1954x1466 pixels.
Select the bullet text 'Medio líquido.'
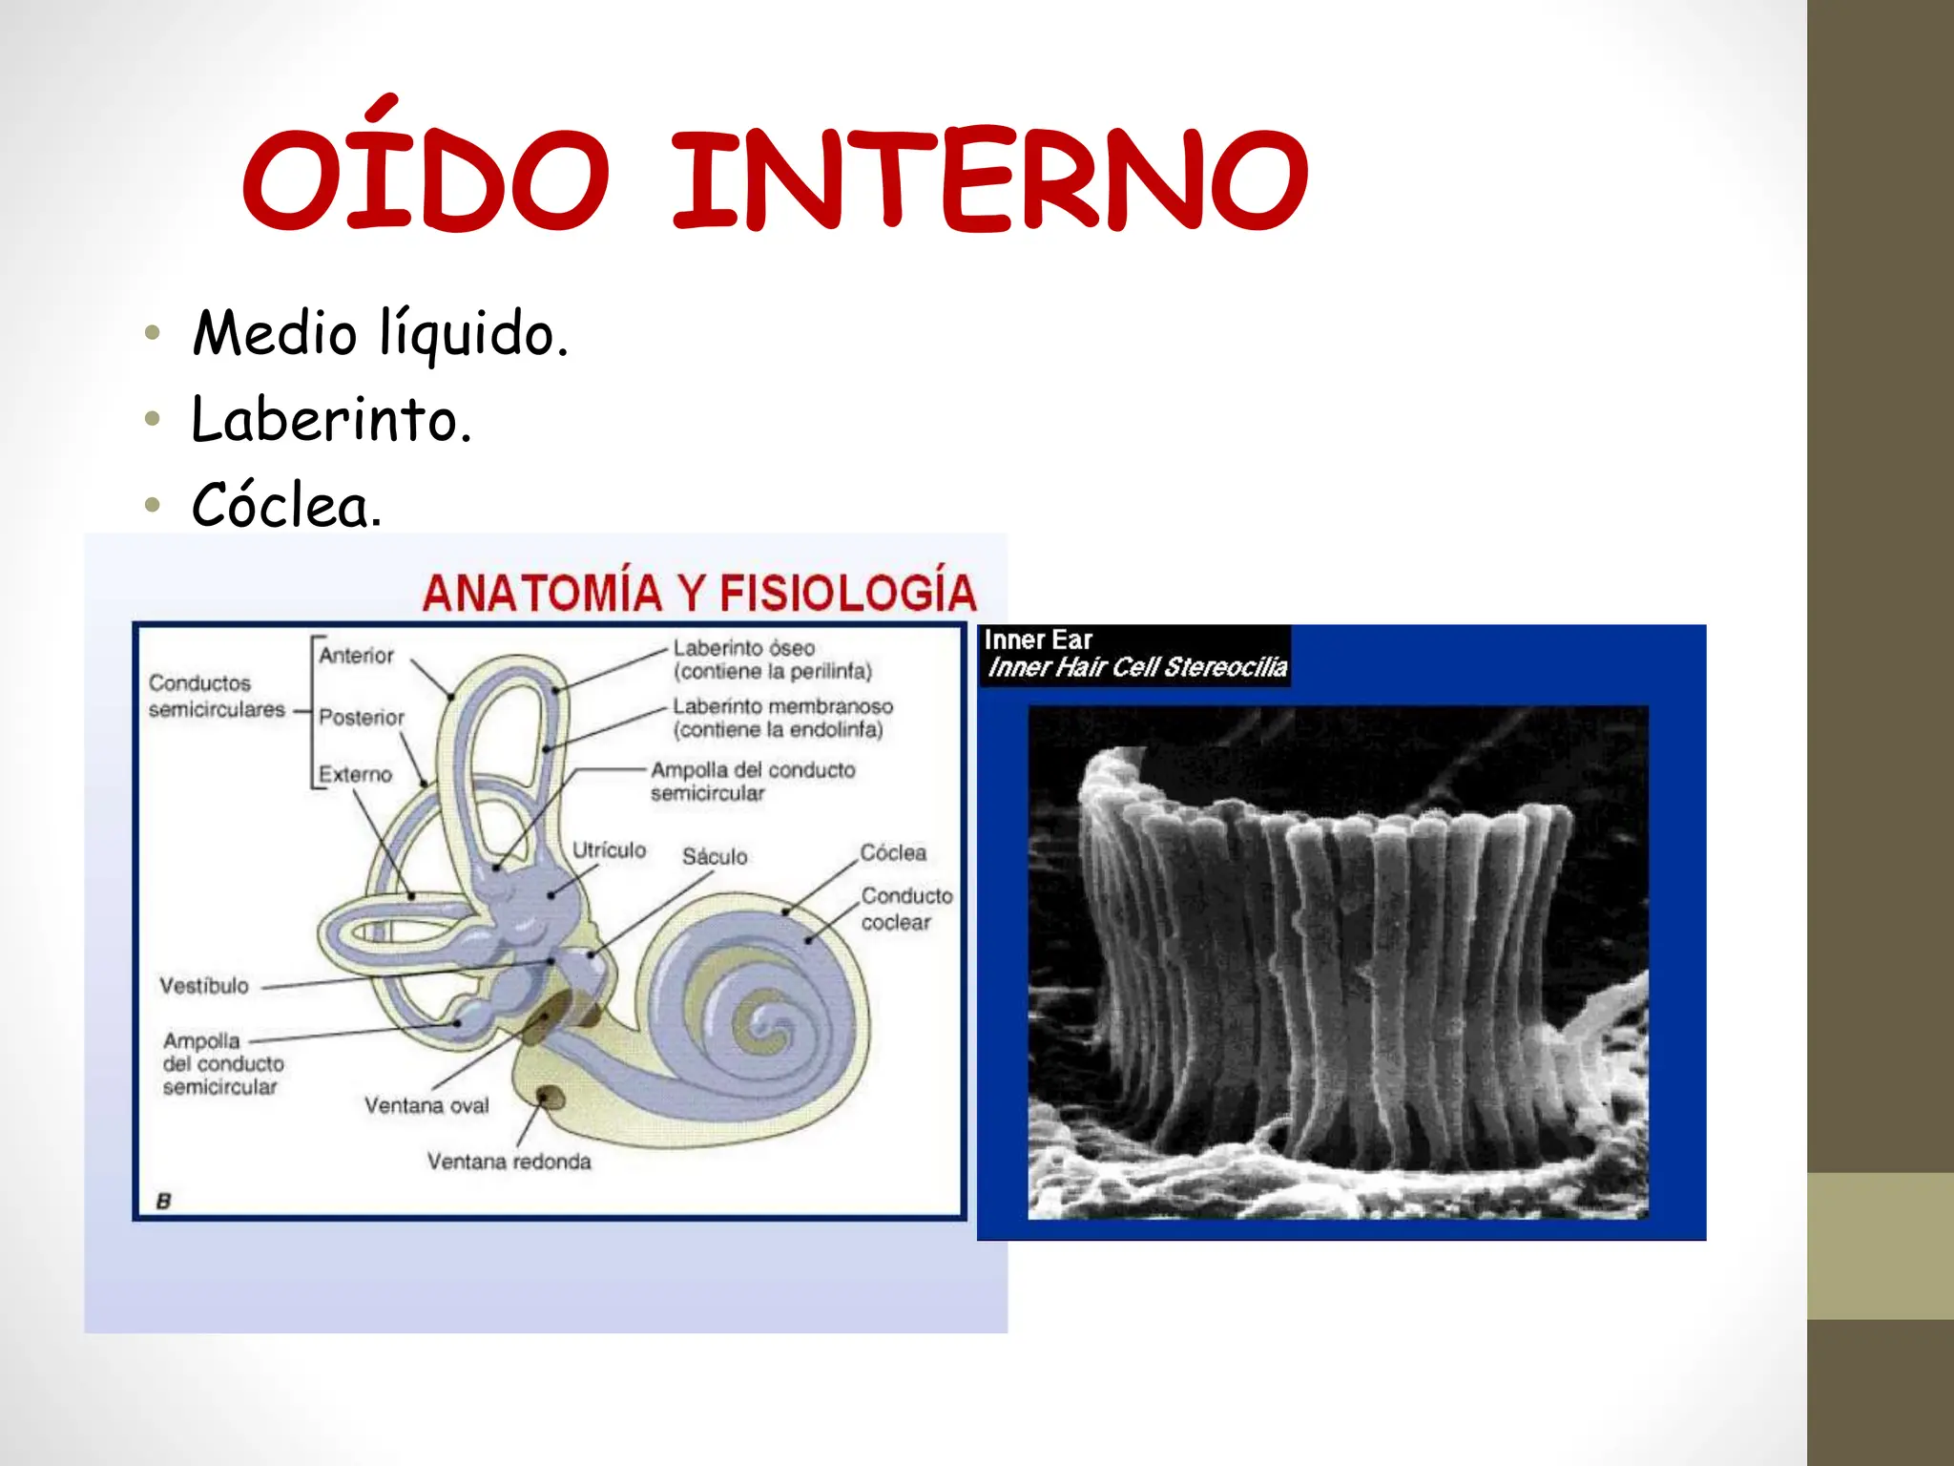pyautogui.click(x=380, y=333)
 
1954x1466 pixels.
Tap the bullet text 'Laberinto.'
pyautogui.click(x=331, y=419)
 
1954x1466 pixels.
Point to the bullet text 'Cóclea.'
pyautogui.click(x=286, y=505)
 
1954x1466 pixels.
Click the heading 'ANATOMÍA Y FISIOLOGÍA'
pyautogui.click(x=699, y=592)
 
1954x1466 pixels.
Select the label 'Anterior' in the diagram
pyautogui.click(x=356, y=656)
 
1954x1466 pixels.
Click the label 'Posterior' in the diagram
pyautogui.click(x=361, y=717)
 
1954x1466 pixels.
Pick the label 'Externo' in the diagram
pyautogui.click(x=355, y=774)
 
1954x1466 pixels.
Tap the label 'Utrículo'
pyautogui.click(x=609, y=849)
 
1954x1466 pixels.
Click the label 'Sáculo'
pyautogui.click(x=715, y=856)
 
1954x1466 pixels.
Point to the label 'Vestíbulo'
pyautogui.click(x=203, y=986)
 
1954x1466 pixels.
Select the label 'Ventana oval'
pyautogui.click(x=426, y=1105)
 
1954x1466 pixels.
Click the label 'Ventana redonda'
pyautogui.click(x=509, y=1162)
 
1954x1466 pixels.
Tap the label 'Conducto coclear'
pyautogui.click(x=905, y=909)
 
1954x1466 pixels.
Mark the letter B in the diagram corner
pyautogui.click(x=163, y=1201)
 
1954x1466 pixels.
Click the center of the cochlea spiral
pyautogui.click(x=763, y=1019)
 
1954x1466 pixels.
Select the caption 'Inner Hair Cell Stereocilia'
pyautogui.click(x=1137, y=667)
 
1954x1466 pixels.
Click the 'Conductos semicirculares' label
pyautogui.click(x=217, y=696)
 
